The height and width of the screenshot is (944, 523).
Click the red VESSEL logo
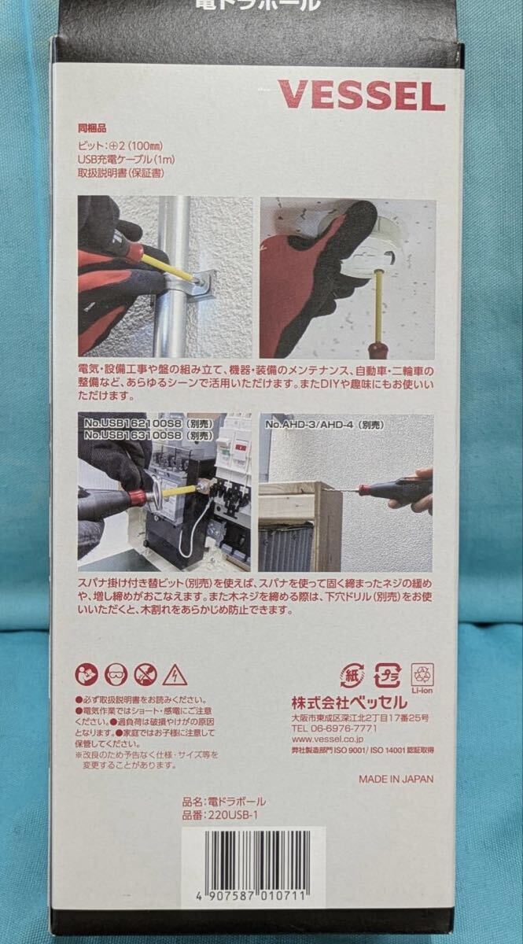pyautogui.click(x=361, y=97)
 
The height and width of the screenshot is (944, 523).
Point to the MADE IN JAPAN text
pyautogui.click(x=396, y=780)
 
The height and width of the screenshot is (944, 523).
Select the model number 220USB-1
pyautogui.click(x=235, y=816)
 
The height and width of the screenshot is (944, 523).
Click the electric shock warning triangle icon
pyautogui.click(x=174, y=675)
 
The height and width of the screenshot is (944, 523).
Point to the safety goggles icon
pyautogui.click(x=116, y=675)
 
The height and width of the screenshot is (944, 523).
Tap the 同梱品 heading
pyautogui.click(x=91, y=127)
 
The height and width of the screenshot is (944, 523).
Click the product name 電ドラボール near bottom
pyautogui.click(x=235, y=801)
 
